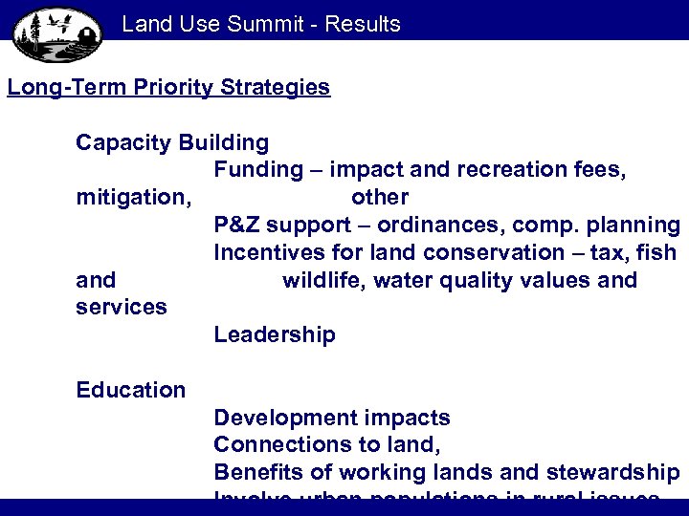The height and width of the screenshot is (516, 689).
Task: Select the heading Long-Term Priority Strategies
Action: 168,88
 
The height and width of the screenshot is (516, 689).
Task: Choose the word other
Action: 380,198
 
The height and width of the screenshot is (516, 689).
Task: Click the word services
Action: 122,308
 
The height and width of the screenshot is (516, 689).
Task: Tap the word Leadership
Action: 275,335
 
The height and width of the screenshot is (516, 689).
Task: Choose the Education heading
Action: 131,390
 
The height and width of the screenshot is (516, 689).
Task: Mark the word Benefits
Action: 253,472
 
